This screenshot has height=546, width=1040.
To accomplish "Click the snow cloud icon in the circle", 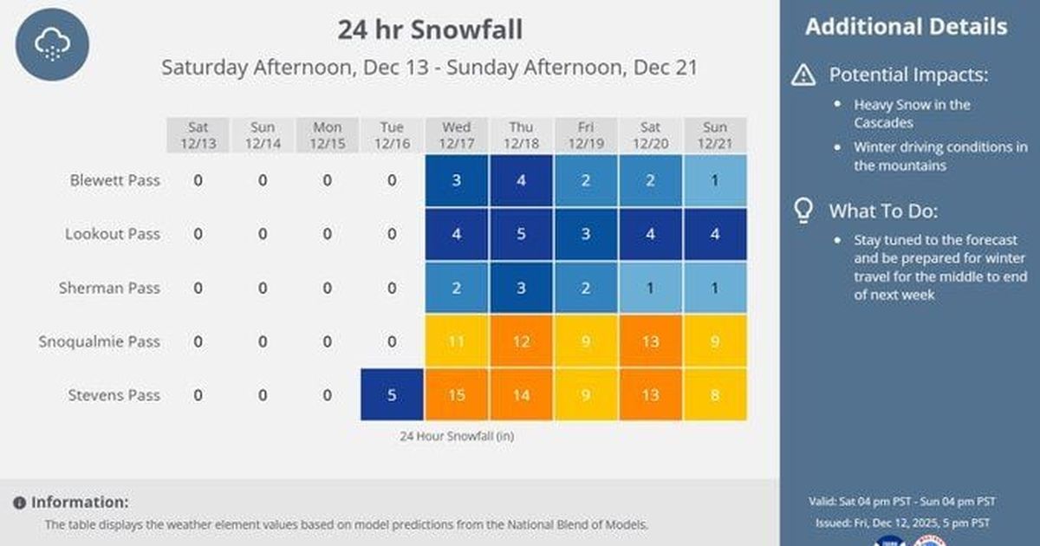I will (x=52, y=43).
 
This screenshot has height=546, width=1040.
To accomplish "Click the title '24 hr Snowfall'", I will (x=430, y=29).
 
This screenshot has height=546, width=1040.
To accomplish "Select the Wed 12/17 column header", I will (x=457, y=135).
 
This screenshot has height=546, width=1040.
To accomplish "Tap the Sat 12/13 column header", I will (x=198, y=135).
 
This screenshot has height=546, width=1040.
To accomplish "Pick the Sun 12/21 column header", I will (x=715, y=135).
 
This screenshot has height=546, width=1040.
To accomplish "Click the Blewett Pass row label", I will (x=114, y=181).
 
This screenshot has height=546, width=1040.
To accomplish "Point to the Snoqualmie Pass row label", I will (x=100, y=341).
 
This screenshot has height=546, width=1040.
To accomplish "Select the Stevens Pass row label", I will (x=114, y=395).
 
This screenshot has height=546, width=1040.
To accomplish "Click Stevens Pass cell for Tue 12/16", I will (x=392, y=395).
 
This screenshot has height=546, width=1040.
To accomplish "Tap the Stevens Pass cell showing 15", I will (x=457, y=395).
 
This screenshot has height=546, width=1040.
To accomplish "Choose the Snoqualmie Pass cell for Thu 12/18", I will (x=521, y=341).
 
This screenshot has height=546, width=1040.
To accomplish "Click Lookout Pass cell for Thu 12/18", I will (x=521, y=235).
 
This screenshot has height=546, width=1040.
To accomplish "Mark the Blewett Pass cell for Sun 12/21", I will (x=715, y=181).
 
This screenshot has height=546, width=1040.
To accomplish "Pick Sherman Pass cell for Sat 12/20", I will (x=650, y=289).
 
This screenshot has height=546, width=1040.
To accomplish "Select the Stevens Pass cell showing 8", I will (x=715, y=395).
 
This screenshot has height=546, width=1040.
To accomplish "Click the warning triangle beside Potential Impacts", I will (x=803, y=75).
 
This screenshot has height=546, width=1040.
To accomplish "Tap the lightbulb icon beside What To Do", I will (x=803, y=211).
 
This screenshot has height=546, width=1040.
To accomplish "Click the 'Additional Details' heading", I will (x=906, y=27).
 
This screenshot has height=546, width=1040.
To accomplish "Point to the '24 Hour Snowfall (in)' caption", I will (x=456, y=436).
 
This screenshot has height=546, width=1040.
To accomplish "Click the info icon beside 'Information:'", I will (x=19, y=503).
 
